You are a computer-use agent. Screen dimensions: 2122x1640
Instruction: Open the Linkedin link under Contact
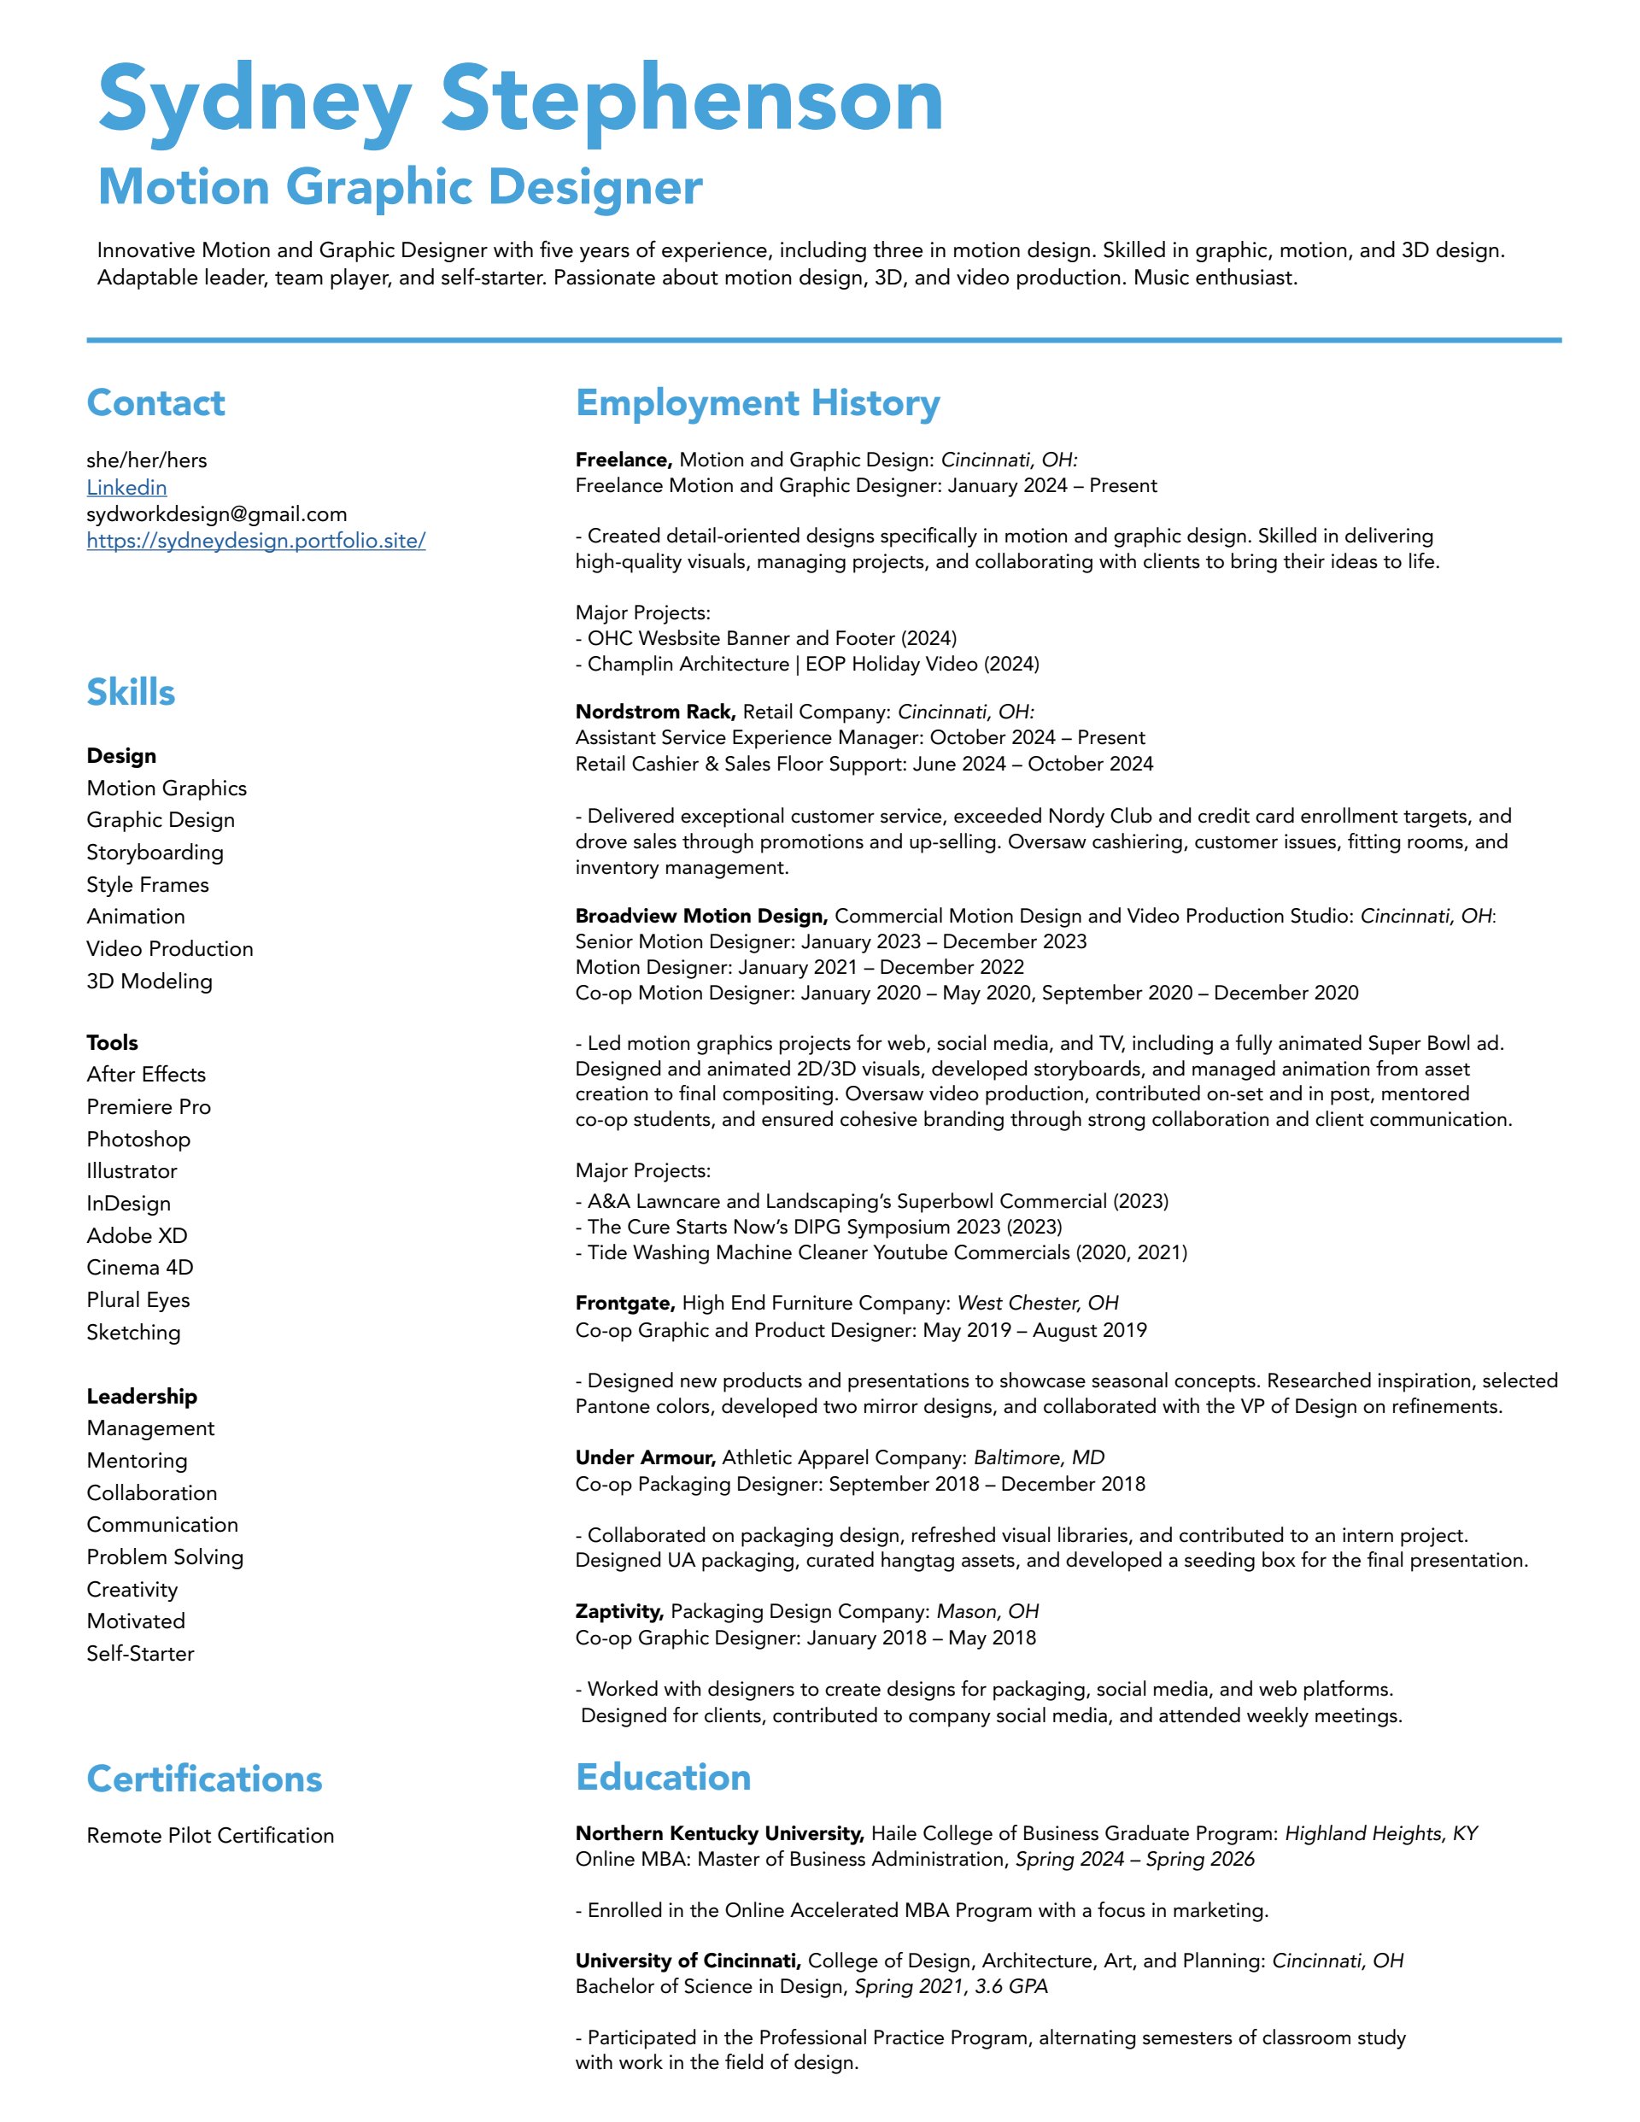tap(126, 488)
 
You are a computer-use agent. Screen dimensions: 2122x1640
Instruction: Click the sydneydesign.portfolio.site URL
tap(255, 542)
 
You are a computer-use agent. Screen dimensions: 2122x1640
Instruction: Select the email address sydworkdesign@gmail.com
tap(217, 514)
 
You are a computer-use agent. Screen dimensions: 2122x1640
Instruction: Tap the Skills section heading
tap(132, 693)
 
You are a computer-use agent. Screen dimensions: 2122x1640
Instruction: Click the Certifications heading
tap(204, 1779)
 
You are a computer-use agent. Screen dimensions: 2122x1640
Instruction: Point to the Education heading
tap(663, 1777)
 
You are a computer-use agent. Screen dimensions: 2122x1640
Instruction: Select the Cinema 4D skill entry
tap(140, 1267)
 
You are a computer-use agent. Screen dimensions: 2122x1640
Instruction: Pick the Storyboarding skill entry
tap(155, 852)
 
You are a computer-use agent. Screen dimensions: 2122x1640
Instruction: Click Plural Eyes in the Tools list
tap(138, 1300)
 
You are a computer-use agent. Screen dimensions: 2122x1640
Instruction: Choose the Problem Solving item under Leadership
tap(165, 1556)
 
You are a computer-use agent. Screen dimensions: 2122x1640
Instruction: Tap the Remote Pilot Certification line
tap(210, 1835)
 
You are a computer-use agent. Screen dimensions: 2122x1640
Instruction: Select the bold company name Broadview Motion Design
tap(700, 917)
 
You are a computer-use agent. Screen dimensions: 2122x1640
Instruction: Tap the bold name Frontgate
tap(624, 1303)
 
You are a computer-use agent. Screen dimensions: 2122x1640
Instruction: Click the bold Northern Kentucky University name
tap(719, 1833)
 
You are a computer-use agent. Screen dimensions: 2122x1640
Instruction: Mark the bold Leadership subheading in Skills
tap(142, 1396)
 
